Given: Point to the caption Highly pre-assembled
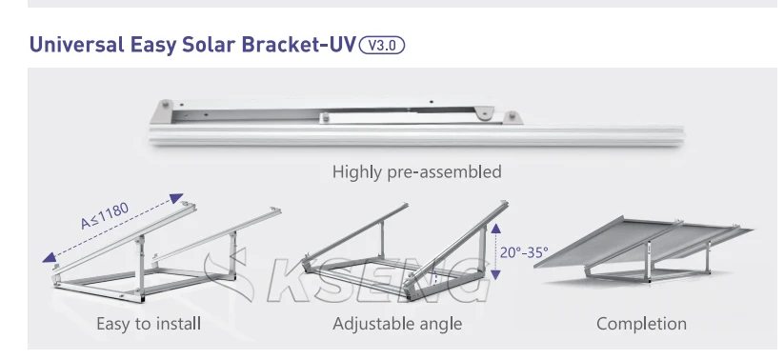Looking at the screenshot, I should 416,172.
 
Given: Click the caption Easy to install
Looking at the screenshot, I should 149,324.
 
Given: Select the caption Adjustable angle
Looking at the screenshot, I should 397,324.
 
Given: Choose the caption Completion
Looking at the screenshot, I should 641,324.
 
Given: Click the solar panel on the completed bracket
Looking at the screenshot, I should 648,243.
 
